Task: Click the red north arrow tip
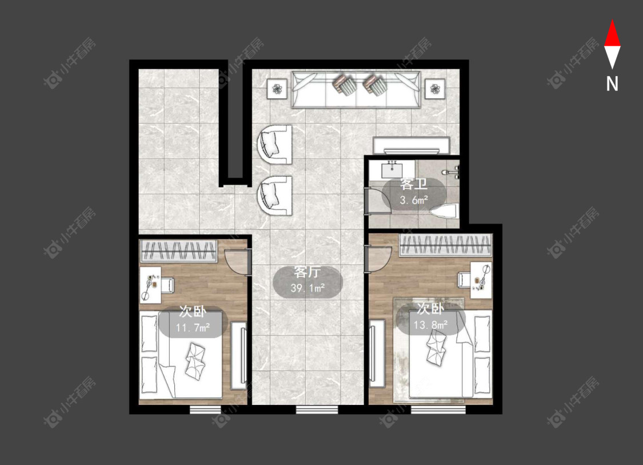coord(612,20)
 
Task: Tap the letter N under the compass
coord(612,84)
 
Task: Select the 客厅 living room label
coord(307,272)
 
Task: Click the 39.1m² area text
coord(307,288)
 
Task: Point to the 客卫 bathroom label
coord(414,184)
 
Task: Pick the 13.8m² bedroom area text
coord(430,325)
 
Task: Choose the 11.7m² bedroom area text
coord(193,328)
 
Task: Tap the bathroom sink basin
coord(393,169)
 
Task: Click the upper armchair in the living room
coord(274,145)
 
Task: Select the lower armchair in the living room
coord(274,196)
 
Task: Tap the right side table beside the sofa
coord(435,88)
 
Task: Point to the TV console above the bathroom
coord(412,145)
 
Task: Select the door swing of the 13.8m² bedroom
coord(378,259)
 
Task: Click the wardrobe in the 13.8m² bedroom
coord(446,245)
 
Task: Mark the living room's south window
coord(317,409)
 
